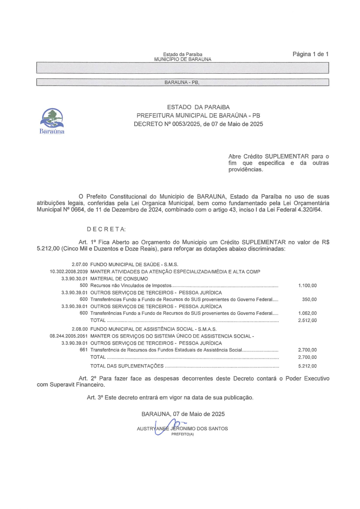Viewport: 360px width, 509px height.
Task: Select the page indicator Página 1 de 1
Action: point(310,54)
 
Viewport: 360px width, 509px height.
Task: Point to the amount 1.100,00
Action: point(307,286)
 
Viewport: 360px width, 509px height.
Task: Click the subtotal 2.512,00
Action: point(307,321)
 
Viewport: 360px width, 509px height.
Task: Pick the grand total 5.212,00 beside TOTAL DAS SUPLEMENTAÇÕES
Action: point(307,366)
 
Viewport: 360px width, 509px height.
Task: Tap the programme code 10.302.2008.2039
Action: point(68,272)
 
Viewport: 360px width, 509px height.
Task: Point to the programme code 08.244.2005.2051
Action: point(68,336)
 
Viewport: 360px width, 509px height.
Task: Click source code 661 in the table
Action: point(84,350)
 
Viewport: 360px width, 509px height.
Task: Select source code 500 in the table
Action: point(84,286)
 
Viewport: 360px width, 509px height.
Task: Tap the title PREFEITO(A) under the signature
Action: point(182,435)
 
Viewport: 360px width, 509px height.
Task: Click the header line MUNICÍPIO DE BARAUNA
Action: point(182,59)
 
